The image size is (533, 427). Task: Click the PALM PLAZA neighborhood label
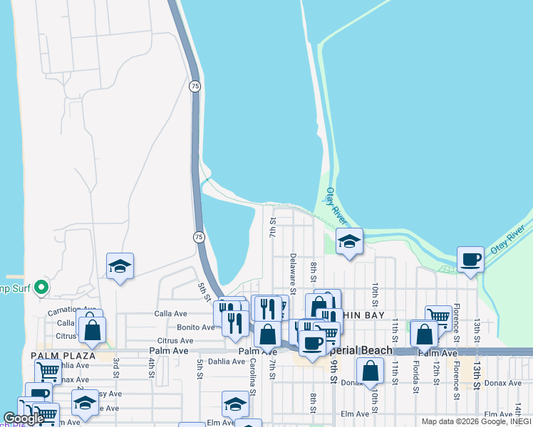[x=63, y=355]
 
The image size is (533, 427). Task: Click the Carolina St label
[x=252, y=372]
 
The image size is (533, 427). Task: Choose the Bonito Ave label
[x=196, y=327]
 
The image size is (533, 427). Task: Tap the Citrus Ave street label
[x=175, y=341]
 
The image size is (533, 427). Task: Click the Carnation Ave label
[x=71, y=311]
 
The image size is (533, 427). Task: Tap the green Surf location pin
[x=41, y=288]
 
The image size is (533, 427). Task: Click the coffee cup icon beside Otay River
[x=470, y=260]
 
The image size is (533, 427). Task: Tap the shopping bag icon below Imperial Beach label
[x=370, y=371]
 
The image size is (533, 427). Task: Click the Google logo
[x=24, y=418]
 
